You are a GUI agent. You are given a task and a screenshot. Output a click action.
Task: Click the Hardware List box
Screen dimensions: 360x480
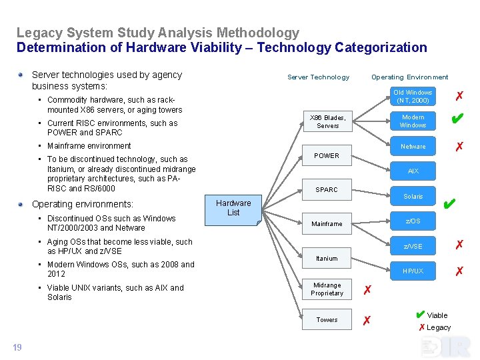click(233, 208)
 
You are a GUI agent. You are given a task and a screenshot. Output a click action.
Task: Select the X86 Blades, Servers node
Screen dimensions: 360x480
click(327, 121)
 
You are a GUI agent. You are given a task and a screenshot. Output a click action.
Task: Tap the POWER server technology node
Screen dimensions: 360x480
click(327, 156)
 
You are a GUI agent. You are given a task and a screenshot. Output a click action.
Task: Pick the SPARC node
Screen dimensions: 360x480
click(327, 190)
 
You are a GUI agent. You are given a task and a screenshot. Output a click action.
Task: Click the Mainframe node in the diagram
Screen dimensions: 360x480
click(327, 224)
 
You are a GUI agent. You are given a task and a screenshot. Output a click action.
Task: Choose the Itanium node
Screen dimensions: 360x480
click(327, 259)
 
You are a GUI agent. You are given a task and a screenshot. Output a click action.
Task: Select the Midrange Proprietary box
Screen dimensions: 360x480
click(327, 289)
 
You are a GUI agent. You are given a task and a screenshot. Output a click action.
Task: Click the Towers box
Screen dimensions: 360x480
click(327, 320)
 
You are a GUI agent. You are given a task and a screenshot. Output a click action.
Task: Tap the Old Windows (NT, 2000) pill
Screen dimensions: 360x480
click(413, 97)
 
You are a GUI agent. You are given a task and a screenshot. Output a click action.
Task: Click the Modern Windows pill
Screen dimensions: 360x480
click(413, 121)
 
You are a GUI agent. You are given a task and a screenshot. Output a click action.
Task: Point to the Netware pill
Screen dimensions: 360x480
click(413, 147)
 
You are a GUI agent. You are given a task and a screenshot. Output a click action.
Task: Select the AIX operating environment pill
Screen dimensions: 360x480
click(413, 171)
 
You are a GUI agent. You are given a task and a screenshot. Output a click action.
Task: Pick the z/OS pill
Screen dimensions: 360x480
click(413, 221)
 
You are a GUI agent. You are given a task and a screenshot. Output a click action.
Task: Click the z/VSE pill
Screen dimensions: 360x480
click(413, 247)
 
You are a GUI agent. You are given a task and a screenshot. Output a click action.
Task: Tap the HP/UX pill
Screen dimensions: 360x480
click(413, 271)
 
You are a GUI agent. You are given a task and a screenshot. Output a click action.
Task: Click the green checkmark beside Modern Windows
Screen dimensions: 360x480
click(457, 119)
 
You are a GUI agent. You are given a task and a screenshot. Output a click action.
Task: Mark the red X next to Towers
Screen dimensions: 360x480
click(366, 321)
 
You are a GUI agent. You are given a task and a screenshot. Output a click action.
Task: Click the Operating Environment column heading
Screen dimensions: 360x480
click(409, 77)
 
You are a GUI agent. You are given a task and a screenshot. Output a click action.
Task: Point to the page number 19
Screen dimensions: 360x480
click(17, 347)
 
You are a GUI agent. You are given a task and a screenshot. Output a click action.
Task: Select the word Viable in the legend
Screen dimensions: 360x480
click(437, 315)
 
